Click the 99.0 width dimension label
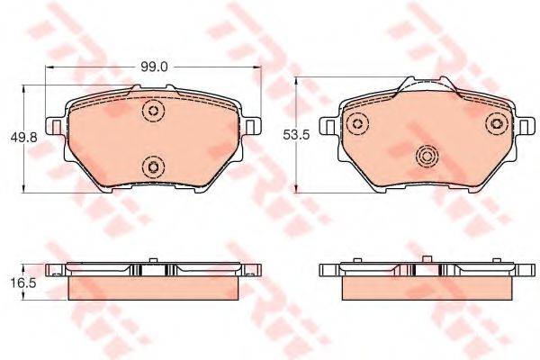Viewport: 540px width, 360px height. (x=154, y=67)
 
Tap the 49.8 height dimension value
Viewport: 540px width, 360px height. (x=23, y=138)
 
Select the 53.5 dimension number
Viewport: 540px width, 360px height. (x=296, y=135)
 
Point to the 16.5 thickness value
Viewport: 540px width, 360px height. (x=23, y=283)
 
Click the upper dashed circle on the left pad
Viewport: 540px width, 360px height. (x=153, y=111)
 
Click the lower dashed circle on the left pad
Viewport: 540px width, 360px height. (x=153, y=167)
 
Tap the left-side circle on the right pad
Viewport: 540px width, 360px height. (x=358, y=123)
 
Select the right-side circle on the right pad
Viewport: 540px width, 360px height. (x=497, y=123)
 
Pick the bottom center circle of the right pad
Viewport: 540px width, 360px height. (x=427, y=157)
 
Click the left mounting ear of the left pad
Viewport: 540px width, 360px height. (x=55, y=126)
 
